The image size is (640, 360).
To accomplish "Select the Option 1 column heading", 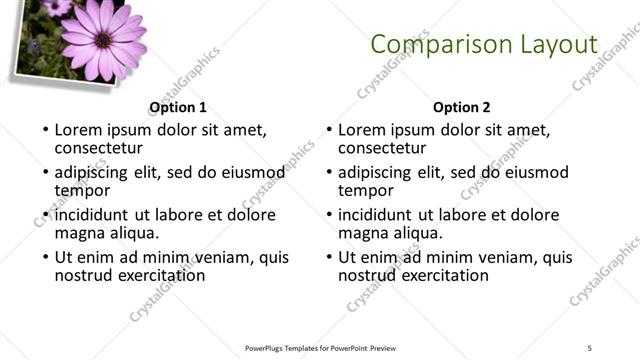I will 178,106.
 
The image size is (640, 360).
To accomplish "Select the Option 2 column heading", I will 461,106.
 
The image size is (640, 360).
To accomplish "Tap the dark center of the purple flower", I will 103,40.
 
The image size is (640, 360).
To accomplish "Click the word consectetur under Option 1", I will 100,149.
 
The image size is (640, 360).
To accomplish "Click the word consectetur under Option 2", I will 383,149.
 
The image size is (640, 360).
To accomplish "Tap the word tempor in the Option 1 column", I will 82,191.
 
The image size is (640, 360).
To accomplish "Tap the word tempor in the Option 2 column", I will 366,191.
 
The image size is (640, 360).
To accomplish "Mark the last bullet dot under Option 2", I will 329,257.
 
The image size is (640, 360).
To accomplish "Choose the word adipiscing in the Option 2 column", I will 375,172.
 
